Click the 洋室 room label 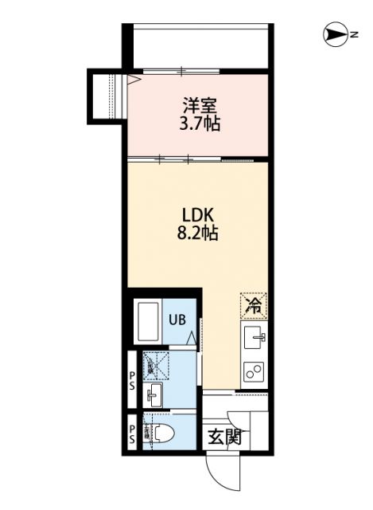click(x=200, y=105)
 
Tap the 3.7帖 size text click(x=200, y=124)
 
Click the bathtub click(x=147, y=321)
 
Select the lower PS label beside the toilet click(x=131, y=434)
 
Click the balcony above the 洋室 click(x=200, y=46)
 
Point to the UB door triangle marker click(x=192, y=339)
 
